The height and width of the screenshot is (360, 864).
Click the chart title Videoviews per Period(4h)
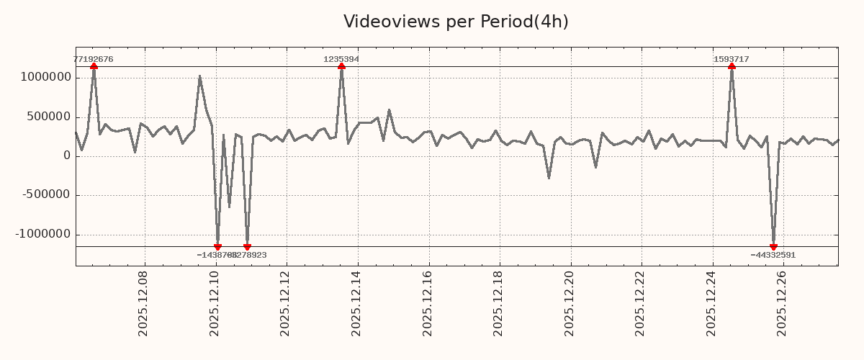point(456,22)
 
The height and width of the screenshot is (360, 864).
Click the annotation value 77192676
point(94,59)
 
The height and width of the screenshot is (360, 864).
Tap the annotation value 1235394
point(341,59)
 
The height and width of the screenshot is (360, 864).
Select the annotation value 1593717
point(732,59)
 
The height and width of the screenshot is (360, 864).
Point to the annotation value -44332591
point(773,255)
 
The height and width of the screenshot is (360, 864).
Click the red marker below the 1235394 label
point(341,66)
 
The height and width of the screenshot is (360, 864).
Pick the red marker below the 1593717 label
point(732,66)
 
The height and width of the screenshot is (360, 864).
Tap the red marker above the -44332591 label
point(773,247)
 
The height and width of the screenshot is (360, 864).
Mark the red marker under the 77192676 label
point(94,66)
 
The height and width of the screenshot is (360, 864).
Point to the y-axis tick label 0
point(67,156)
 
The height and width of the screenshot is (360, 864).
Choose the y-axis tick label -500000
point(47,194)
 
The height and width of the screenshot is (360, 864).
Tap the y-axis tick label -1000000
point(44,234)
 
